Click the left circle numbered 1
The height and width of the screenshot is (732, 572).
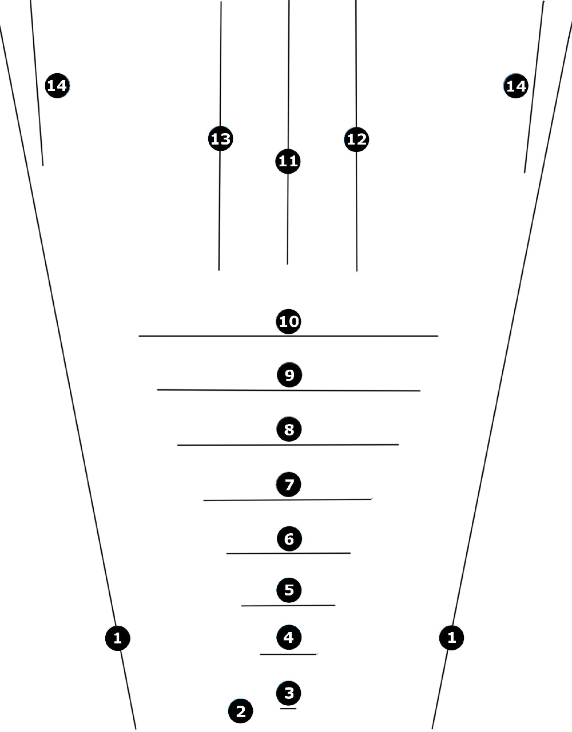(x=118, y=638)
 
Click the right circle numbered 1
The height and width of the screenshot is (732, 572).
(x=451, y=637)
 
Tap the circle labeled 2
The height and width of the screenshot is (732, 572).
(x=240, y=711)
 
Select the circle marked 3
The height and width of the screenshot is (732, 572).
(x=288, y=693)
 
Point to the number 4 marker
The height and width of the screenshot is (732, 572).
(x=289, y=637)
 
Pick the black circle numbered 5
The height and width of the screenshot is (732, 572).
(x=289, y=590)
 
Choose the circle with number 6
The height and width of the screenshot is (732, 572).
(x=289, y=539)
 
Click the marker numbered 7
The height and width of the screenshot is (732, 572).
(x=288, y=485)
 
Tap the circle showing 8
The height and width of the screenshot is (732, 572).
(x=289, y=429)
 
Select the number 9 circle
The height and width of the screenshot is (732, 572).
(x=289, y=375)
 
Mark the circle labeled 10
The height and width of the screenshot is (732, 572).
(x=288, y=321)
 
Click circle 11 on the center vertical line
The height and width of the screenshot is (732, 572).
(x=288, y=161)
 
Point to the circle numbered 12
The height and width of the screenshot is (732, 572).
(x=356, y=139)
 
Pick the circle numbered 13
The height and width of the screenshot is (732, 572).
(x=220, y=138)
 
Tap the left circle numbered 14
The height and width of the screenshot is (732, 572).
(x=57, y=86)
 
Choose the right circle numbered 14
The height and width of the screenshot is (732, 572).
(x=515, y=86)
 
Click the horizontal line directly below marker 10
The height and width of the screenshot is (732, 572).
(x=288, y=336)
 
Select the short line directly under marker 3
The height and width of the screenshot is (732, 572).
(x=288, y=709)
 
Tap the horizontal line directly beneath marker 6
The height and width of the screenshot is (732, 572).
(x=288, y=553)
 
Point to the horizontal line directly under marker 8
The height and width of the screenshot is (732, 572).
(x=288, y=445)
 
